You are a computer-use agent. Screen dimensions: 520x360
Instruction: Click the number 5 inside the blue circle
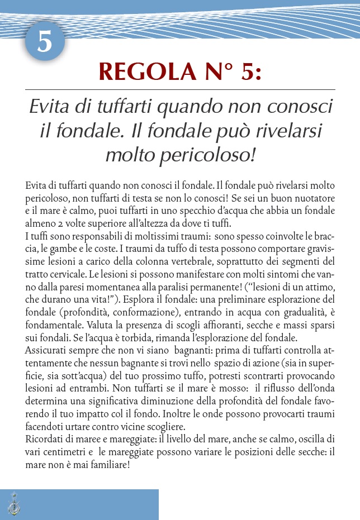pyautogui.click(x=45, y=42)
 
